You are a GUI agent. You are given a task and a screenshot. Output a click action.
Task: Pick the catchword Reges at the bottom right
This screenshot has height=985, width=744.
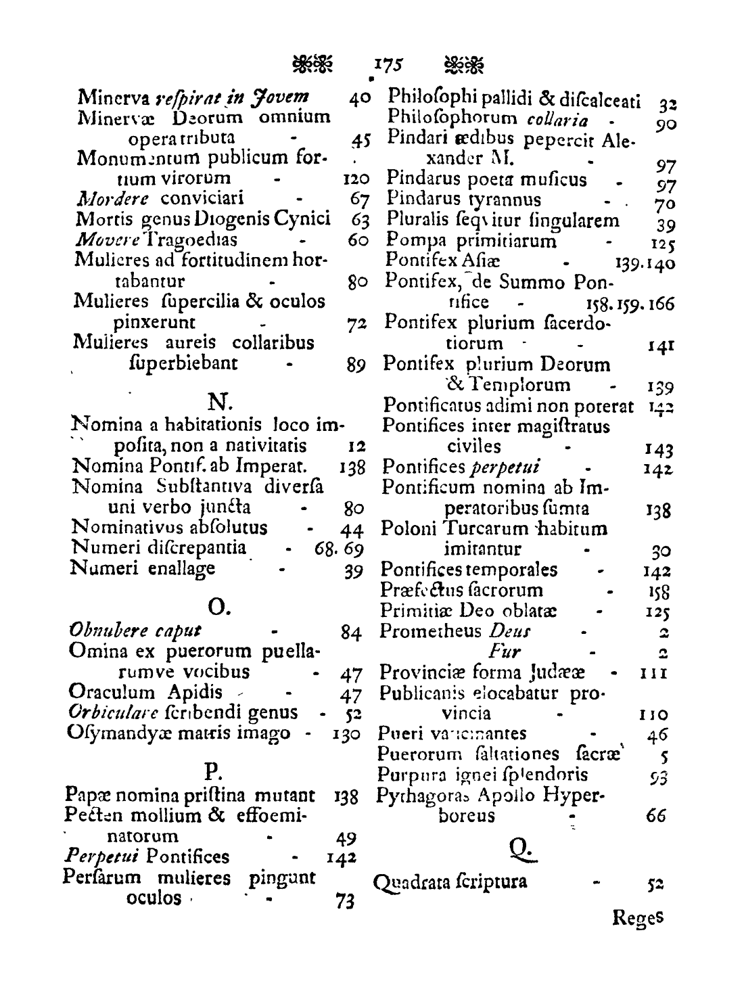tap(638, 918)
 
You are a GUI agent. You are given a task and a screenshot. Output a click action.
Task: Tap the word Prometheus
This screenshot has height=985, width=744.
tap(431, 631)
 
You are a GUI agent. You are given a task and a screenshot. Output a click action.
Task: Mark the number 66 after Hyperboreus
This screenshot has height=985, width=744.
tap(655, 817)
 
